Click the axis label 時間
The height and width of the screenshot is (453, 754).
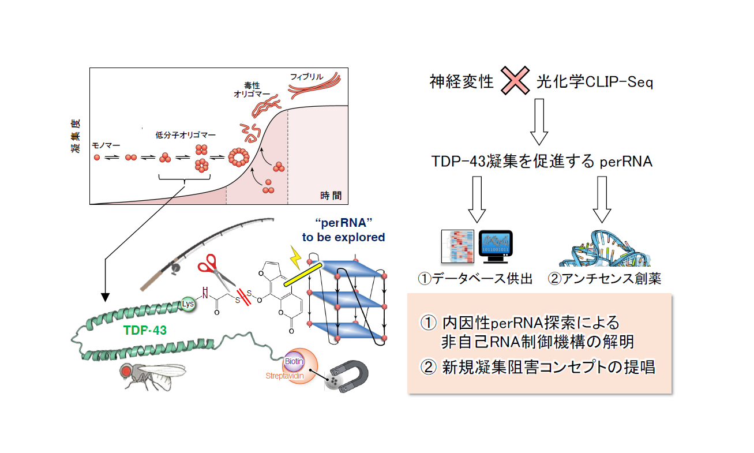click(331, 196)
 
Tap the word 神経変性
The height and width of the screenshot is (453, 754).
click(462, 82)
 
